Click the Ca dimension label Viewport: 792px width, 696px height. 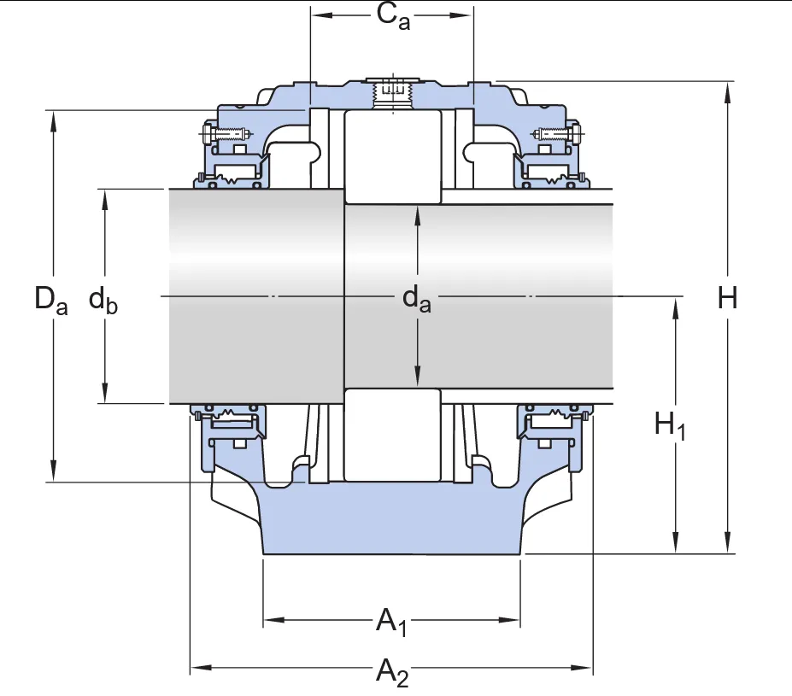(392, 17)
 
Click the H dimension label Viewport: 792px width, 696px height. (727, 299)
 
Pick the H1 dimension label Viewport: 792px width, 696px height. (671, 424)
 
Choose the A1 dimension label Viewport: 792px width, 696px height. (392, 621)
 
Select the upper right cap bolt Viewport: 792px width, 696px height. (559, 133)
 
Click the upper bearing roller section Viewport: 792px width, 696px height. (392, 156)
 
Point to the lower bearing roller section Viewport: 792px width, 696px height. (392, 435)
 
